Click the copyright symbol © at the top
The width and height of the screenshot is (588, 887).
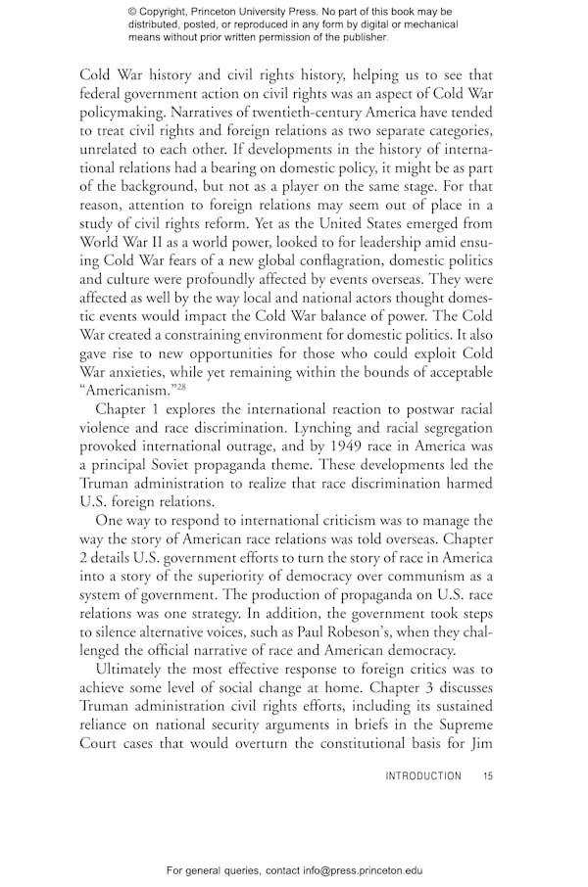(132, 12)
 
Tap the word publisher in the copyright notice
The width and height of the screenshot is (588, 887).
(360, 38)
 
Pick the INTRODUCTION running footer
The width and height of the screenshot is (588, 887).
(422, 776)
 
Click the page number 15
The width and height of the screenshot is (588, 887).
(488, 776)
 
